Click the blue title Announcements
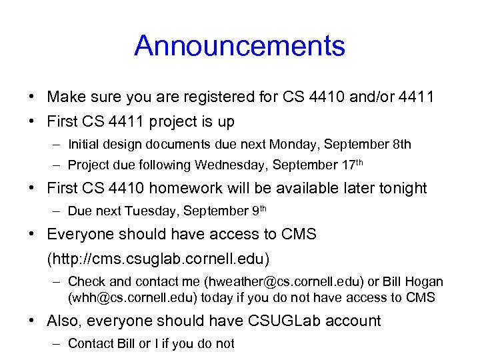[x=239, y=46]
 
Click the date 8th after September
[x=402, y=144]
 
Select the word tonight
[x=402, y=189]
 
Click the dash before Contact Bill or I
[x=57, y=343]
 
